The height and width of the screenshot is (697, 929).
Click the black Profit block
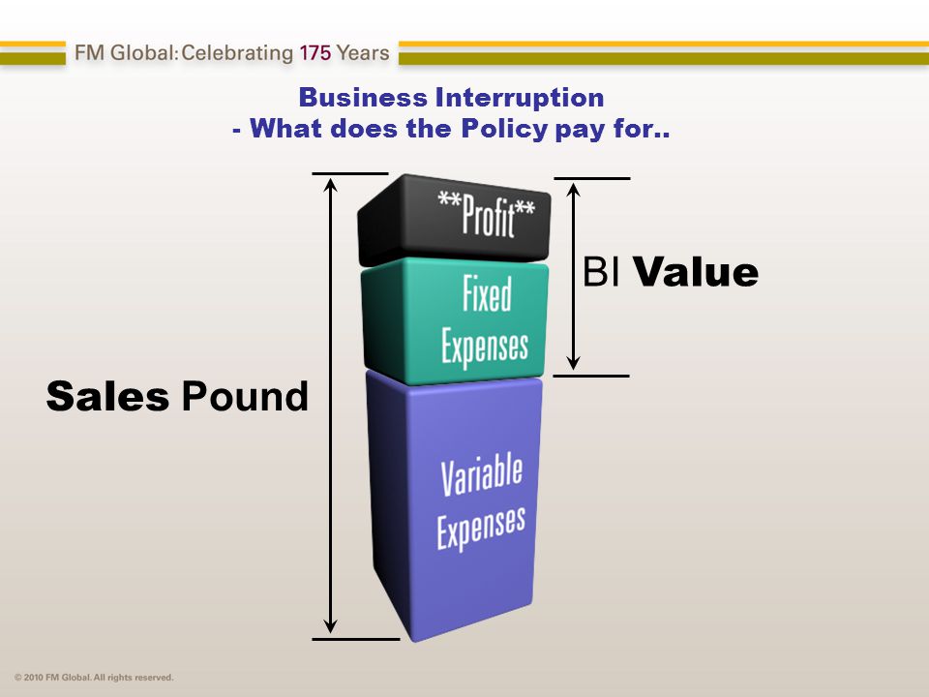click(455, 219)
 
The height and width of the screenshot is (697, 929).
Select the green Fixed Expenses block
click(455, 320)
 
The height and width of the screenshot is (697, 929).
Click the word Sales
click(107, 397)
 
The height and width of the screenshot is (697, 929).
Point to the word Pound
click(245, 396)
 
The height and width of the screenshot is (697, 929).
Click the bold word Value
click(696, 272)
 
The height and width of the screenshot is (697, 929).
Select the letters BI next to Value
click(601, 272)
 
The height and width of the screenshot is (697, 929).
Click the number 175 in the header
click(315, 52)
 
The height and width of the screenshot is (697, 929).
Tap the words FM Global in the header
click(124, 52)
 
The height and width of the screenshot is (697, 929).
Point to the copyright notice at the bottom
click(94, 678)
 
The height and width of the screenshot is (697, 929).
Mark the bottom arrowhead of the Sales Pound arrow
click(331, 625)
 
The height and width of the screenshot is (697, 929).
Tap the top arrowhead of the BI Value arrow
click(573, 191)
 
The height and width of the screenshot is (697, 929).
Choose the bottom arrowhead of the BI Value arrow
click(573, 361)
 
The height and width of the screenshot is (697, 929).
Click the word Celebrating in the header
click(237, 53)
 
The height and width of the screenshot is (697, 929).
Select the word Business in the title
click(363, 98)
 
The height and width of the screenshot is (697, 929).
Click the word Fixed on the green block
click(487, 294)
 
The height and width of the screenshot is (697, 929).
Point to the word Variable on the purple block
click(482, 476)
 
